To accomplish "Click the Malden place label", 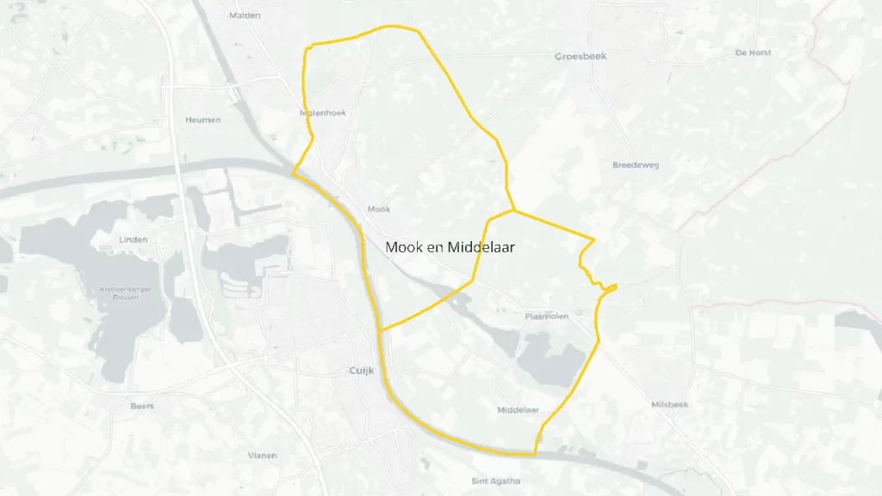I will [245, 15].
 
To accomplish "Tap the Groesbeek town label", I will [581, 56].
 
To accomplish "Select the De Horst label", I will [753, 53].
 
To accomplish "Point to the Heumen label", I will [202, 120].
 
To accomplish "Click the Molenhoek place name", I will [322, 113].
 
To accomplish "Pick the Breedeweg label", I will [635, 164].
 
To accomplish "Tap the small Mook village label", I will [378, 209].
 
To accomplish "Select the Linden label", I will [134, 239].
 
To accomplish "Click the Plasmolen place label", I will [546, 317].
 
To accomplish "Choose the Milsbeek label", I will [670, 404].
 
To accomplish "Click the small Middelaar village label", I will [518, 410].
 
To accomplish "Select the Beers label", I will [141, 406].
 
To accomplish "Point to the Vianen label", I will [262, 455].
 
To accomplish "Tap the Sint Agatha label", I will [495, 480].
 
